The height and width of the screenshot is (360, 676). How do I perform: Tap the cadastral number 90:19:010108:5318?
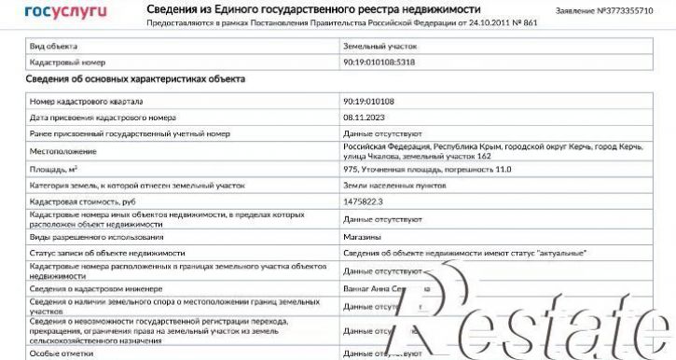(380, 62)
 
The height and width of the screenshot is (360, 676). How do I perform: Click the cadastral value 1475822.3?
(364, 201)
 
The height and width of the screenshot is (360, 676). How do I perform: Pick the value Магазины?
(363, 237)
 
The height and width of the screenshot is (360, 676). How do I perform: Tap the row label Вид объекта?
(53, 46)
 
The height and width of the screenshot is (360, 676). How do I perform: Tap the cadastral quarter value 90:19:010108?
(369, 101)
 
